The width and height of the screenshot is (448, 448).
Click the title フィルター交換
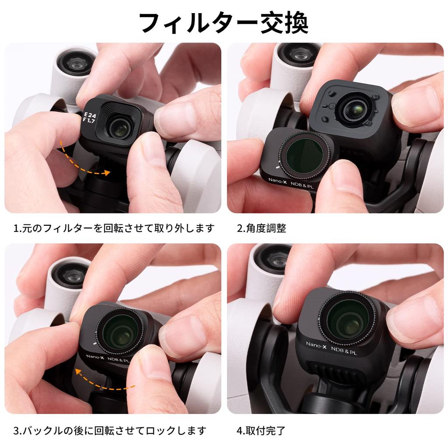224,23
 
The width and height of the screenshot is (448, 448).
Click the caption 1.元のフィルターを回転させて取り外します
114,228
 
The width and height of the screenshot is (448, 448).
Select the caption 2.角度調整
262,228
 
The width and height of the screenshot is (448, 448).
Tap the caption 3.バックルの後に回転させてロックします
109,430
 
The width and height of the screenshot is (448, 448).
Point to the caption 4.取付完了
262,430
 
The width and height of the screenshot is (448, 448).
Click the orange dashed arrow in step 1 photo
83,162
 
